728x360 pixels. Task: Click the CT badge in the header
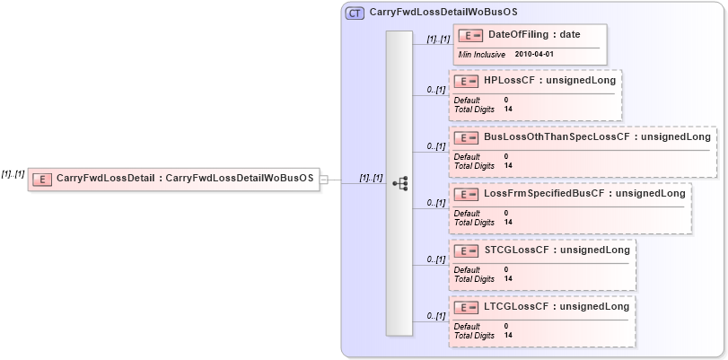tap(355, 13)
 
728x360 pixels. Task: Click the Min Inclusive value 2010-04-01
tap(534, 55)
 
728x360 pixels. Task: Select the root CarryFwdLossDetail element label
tap(185, 179)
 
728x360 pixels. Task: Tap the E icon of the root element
tap(41, 179)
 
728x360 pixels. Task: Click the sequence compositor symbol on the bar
tap(400, 183)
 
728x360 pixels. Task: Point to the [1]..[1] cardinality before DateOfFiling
tap(437, 40)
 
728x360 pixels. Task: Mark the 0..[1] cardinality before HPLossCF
tap(436, 89)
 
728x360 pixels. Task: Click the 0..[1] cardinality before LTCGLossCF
tap(436, 316)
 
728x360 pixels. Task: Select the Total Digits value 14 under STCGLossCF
tap(509, 278)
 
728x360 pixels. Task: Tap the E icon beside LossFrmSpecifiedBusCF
tap(466, 194)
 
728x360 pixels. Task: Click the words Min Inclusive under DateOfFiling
tap(481, 55)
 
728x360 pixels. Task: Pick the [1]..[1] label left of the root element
tap(13, 174)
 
